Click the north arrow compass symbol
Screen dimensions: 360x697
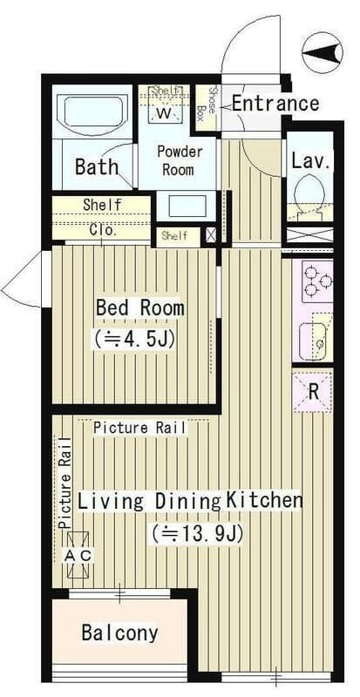(323, 53)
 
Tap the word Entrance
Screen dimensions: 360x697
(275, 104)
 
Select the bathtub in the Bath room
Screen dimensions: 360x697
(93, 112)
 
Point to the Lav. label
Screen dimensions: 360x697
(310, 161)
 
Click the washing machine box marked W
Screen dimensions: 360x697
(164, 108)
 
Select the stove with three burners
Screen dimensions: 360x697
(318, 281)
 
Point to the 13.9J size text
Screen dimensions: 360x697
(197, 534)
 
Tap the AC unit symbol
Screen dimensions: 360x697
(78, 555)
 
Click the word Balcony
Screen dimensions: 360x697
(119, 633)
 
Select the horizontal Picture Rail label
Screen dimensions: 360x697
(139, 428)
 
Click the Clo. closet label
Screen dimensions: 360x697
(103, 231)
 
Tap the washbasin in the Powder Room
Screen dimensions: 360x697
(187, 206)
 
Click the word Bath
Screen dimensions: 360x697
(97, 166)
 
